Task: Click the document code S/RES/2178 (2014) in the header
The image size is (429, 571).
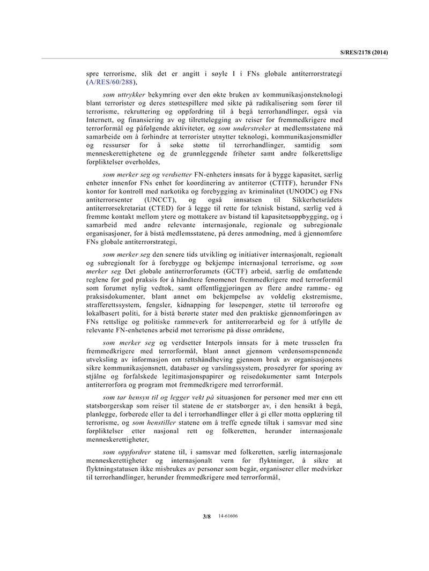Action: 364,52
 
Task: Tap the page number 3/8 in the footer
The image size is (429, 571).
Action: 206,516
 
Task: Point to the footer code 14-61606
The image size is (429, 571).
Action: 228,516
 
